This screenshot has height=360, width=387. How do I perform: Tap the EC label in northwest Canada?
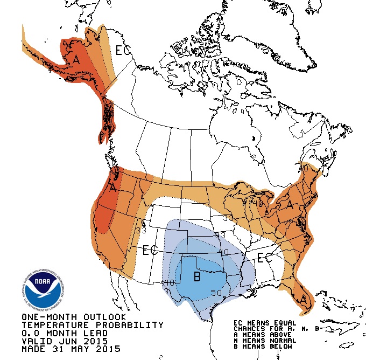123,51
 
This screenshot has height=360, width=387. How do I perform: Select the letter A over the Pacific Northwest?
113,188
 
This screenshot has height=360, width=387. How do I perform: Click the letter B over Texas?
197,278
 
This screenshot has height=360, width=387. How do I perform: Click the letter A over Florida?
305,299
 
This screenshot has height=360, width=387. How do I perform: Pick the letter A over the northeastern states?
290,205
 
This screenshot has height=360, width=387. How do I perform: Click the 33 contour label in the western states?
141,230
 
